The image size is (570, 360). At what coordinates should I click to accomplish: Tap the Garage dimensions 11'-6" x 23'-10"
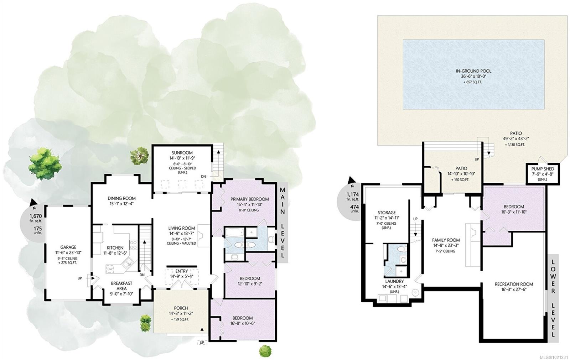point(68,252)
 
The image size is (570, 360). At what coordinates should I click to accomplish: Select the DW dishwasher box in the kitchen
point(110,269)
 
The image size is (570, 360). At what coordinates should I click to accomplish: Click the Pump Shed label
point(543,169)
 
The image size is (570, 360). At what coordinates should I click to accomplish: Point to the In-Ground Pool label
point(473,71)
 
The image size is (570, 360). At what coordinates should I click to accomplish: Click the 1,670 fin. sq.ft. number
point(35,216)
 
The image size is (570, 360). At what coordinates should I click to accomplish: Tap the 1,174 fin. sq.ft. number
point(352,194)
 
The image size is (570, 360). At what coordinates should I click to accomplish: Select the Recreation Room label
point(514,284)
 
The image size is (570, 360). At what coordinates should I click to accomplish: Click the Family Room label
point(446,240)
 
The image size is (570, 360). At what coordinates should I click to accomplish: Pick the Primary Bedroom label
point(250,199)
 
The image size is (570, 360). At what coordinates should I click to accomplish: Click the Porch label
point(181,308)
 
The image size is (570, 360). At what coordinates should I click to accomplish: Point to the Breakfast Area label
point(121,286)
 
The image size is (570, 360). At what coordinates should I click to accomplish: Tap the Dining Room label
point(121,198)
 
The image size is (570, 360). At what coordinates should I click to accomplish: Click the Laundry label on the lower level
point(394,281)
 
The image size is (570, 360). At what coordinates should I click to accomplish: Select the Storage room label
point(387,213)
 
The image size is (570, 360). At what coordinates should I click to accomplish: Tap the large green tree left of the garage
point(45,163)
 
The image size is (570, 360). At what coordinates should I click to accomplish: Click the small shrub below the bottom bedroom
point(265,351)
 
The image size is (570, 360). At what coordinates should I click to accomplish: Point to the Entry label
point(181,271)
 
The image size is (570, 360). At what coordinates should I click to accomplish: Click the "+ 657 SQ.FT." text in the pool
point(473,82)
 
